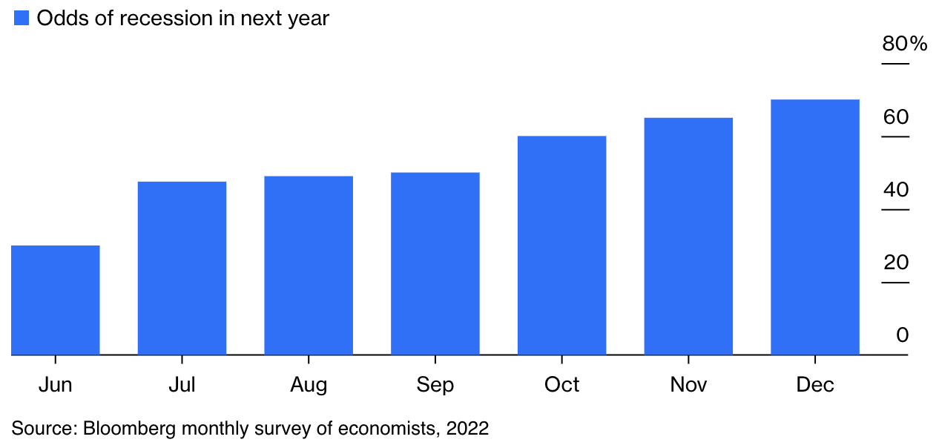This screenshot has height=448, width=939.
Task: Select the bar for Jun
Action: pyautogui.click(x=56, y=300)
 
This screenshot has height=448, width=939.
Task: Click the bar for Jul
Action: pyautogui.click(x=182, y=269)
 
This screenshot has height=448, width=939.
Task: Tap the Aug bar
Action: pyautogui.click(x=309, y=266)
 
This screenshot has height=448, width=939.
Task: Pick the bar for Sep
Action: pyautogui.click(x=435, y=263)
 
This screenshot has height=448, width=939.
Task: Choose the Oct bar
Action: pyautogui.click(x=561, y=246)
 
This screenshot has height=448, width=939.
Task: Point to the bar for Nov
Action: pyautogui.click(x=688, y=237)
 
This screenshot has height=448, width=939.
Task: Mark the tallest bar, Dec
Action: pyautogui.click(x=815, y=227)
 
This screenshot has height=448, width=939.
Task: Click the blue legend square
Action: pyautogui.click(x=22, y=18)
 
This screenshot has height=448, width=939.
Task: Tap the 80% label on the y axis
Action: pyautogui.click(x=905, y=44)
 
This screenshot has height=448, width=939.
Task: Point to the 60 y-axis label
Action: pyautogui.click(x=896, y=117)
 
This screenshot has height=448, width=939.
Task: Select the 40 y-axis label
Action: pyautogui.click(x=896, y=190)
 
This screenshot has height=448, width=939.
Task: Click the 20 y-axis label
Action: pyautogui.click(x=896, y=263)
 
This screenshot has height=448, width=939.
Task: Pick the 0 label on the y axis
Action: pyautogui.click(x=903, y=335)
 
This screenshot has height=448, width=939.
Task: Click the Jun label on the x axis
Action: pyautogui.click(x=56, y=385)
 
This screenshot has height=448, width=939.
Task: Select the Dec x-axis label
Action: pyautogui.click(x=815, y=385)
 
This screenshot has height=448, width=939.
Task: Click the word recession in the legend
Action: pyautogui.click(x=163, y=19)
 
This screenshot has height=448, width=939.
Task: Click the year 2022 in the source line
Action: pyautogui.click(x=467, y=429)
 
